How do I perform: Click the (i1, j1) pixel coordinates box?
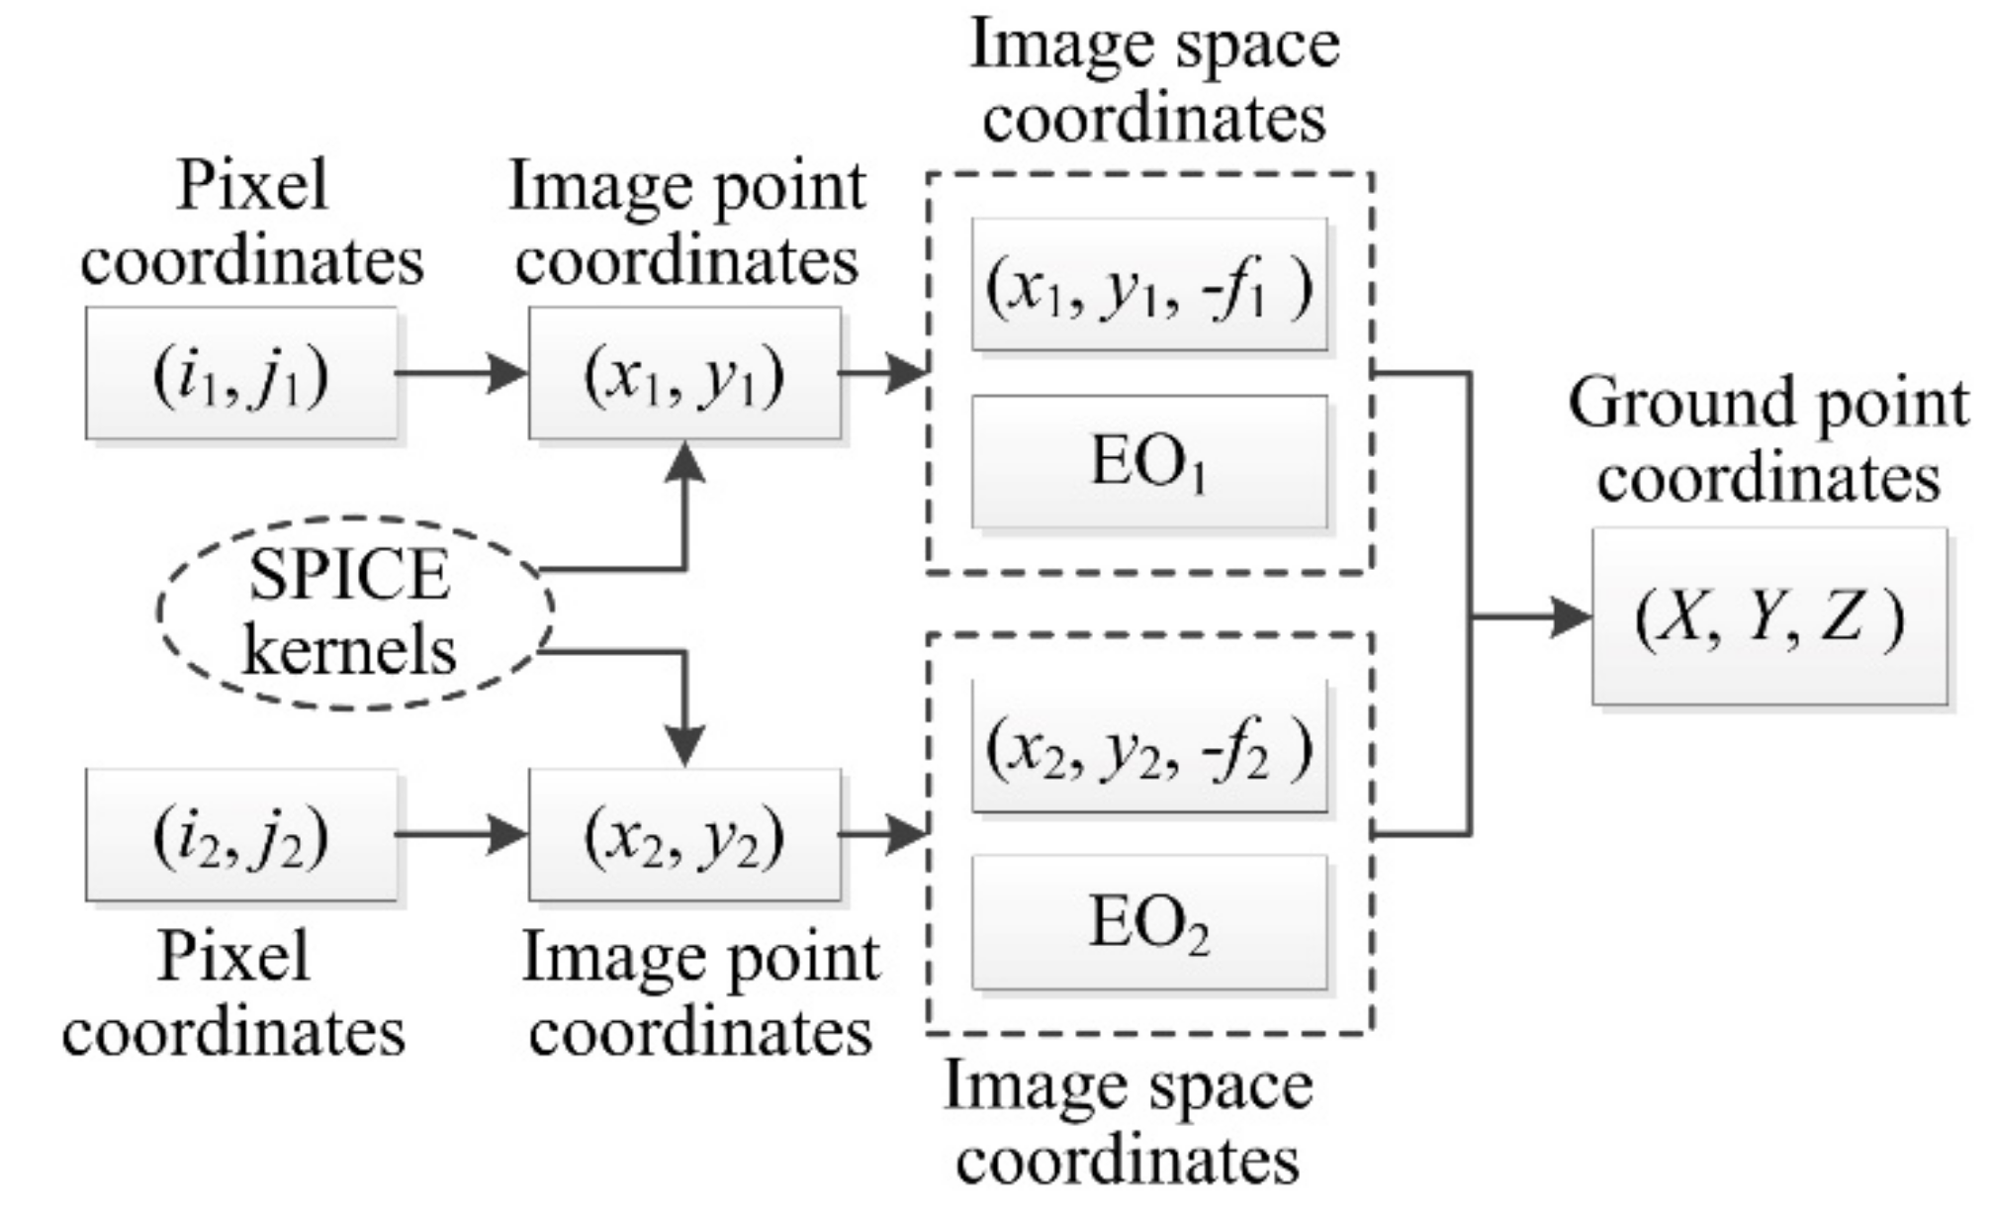(x=241, y=374)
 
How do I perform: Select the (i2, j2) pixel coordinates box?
(x=241, y=835)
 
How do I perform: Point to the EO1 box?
(x=1149, y=462)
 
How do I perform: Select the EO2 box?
(x=1149, y=922)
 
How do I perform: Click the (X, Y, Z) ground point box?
(x=1769, y=617)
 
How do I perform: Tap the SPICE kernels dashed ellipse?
(x=354, y=612)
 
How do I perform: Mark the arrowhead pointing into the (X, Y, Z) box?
(x=1571, y=617)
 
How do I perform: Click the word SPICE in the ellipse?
(x=350, y=575)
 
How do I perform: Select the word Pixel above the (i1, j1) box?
(x=252, y=185)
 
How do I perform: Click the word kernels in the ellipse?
(x=350, y=651)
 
